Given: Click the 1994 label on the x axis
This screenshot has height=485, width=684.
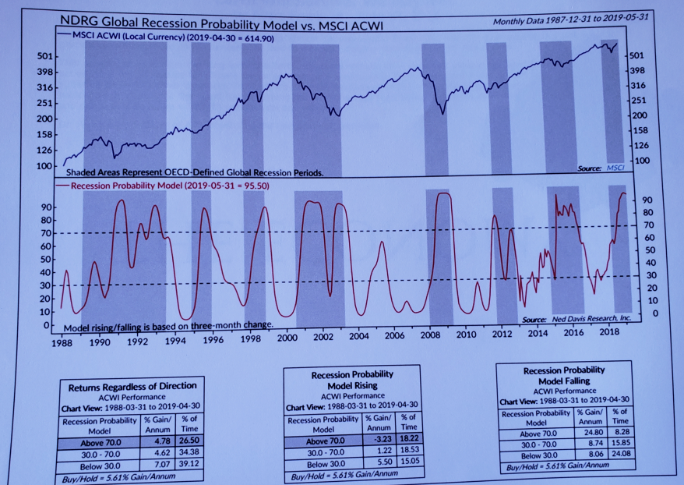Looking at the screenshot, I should click(175, 341).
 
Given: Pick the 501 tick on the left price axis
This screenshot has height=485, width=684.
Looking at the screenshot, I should click(44, 57).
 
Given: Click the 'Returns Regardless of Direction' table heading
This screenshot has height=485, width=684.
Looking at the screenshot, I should click(132, 386).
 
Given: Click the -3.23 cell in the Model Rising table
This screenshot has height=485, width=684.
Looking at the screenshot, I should click(377, 439).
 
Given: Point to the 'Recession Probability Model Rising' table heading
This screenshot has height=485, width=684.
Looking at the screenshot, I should click(352, 380).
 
